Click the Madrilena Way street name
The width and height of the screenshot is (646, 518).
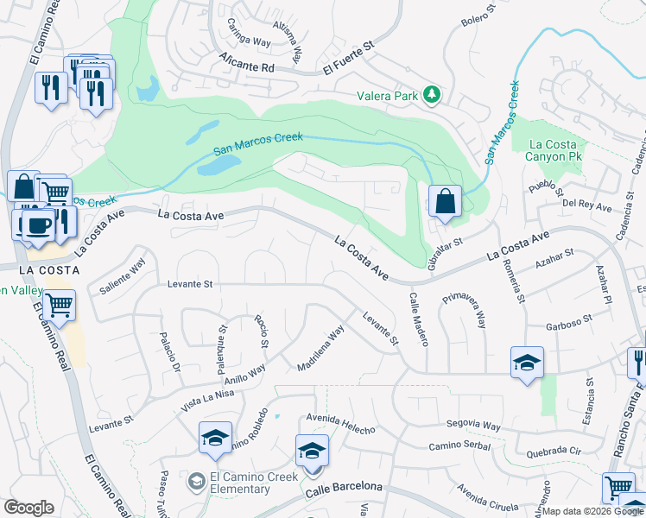tap(321, 346)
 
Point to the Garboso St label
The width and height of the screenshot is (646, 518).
tap(568, 323)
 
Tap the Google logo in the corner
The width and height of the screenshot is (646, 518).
tap(29, 508)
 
